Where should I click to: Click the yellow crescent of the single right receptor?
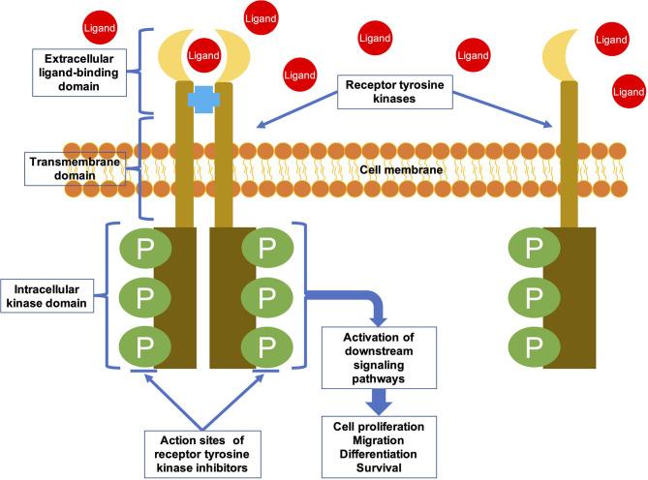tap(564, 59)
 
